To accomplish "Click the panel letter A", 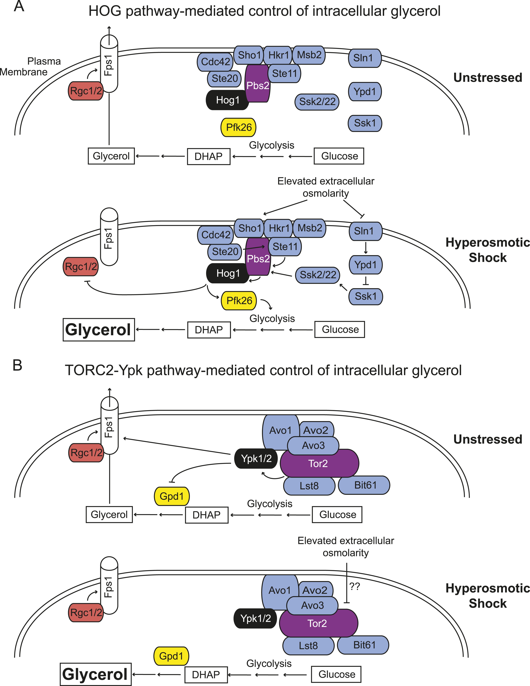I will (19, 6).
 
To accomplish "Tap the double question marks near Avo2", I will (355, 586).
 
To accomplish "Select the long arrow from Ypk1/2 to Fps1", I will (176, 446).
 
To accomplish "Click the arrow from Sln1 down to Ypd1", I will (365, 248).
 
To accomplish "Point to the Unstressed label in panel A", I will (488, 78).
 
